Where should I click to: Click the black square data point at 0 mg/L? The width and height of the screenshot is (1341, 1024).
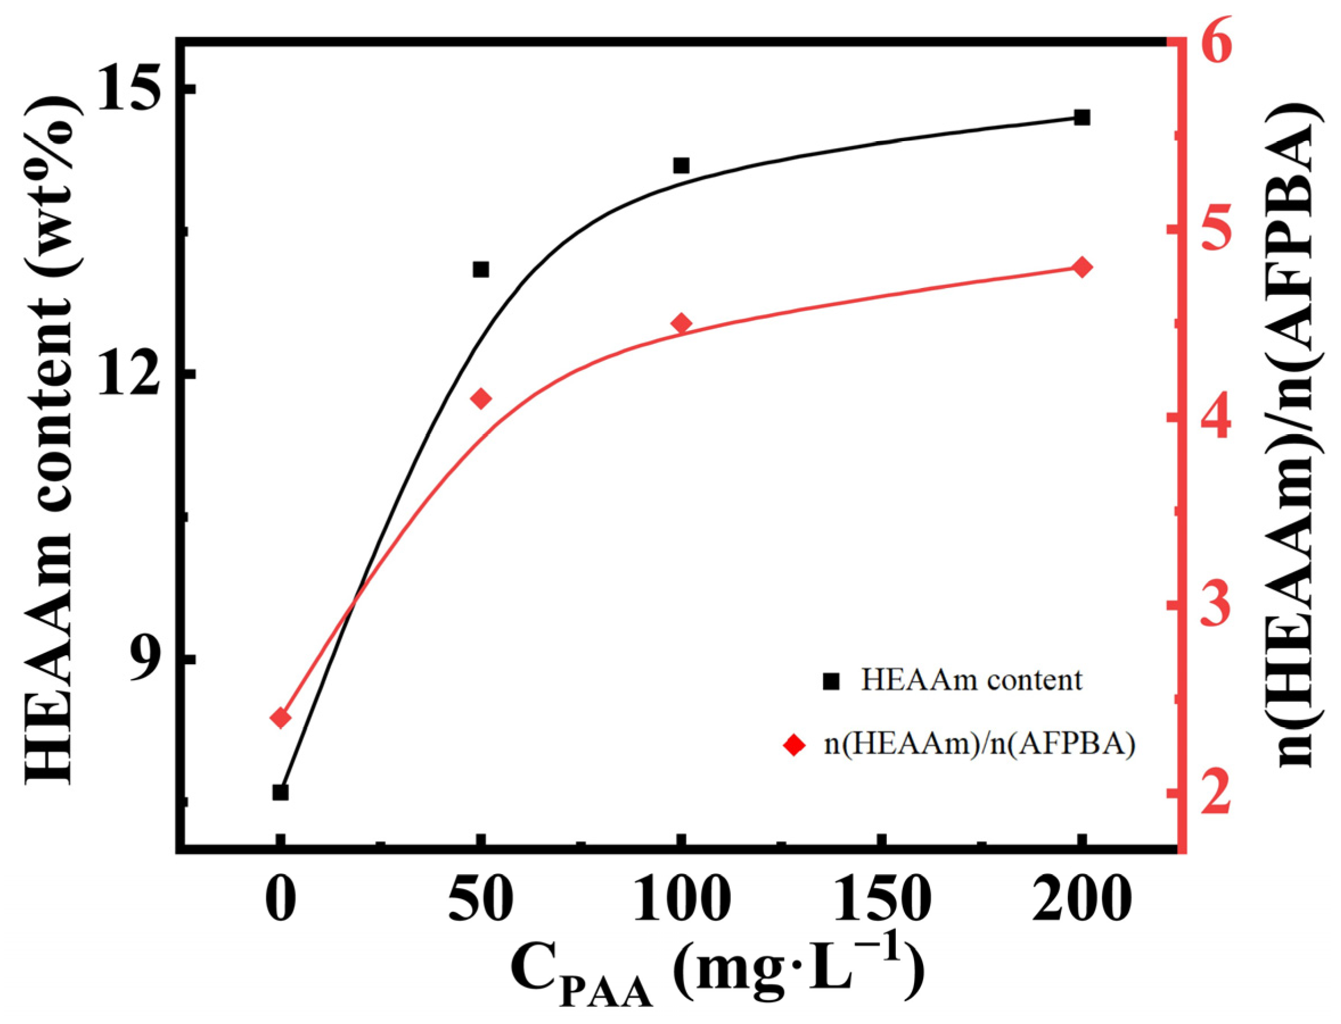(281, 792)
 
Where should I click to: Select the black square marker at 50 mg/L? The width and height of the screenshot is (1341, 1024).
(481, 269)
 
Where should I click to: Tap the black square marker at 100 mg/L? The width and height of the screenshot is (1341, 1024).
(681, 165)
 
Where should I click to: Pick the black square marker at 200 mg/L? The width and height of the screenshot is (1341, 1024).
(1082, 118)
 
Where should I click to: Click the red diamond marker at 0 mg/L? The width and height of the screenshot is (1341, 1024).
(281, 718)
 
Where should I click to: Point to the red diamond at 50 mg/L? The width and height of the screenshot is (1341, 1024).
(481, 398)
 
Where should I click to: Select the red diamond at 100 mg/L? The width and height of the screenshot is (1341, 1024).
(681, 324)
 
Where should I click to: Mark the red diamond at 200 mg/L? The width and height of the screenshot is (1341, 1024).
(1082, 267)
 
